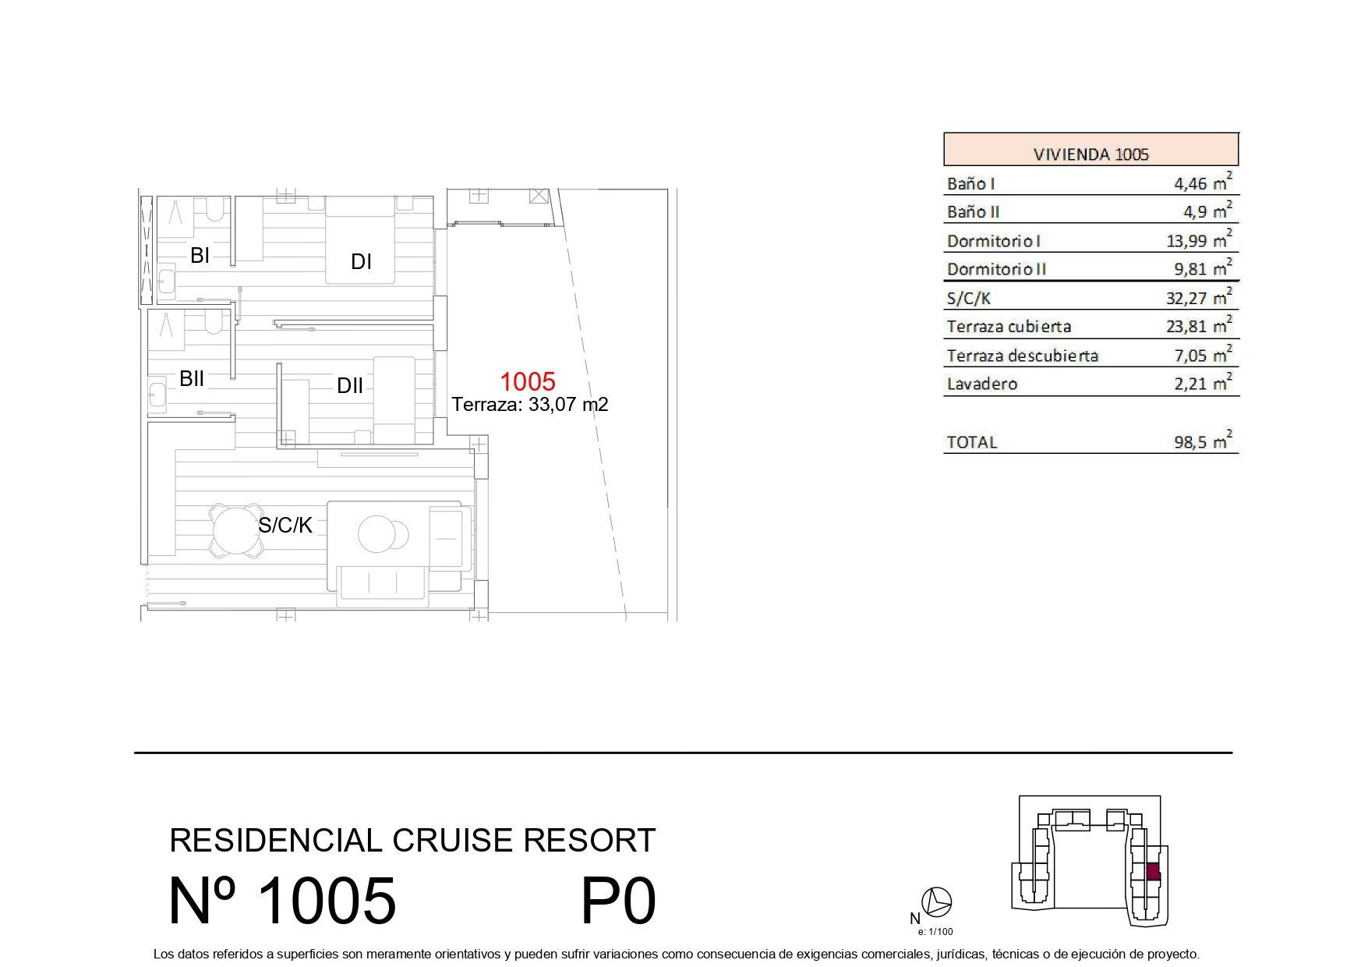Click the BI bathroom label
(200, 255)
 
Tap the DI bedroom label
(361, 262)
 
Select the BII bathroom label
(192, 379)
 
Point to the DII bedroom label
(350, 386)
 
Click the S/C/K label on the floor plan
(285, 526)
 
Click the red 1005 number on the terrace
(528, 381)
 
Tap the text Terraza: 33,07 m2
(530, 405)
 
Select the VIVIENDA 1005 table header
(1091, 154)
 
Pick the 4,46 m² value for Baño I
(1203, 182)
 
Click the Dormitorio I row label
(994, 241)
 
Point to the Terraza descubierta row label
(1023, 356)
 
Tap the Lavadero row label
(982, 384)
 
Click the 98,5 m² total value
(1203, 441)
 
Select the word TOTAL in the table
(972, 442)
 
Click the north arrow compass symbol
(936, 902)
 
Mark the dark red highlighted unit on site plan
(1154, 871)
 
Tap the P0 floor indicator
(619, 901)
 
